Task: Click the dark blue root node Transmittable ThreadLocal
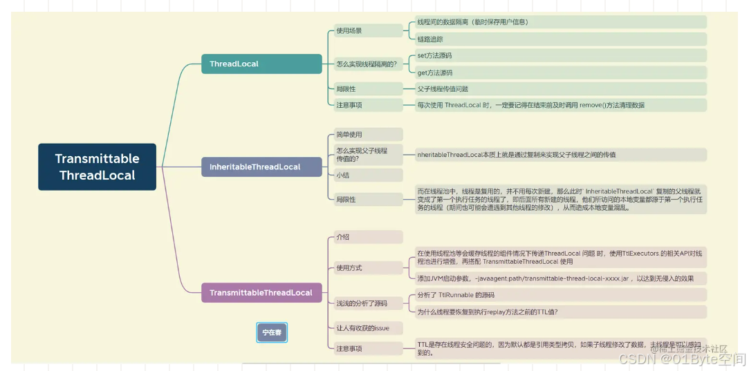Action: [x=97, y=167]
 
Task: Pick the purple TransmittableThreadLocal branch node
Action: [x=261, y=292]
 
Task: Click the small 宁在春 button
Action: [x=272, y=332]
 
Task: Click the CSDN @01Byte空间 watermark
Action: [x=682, y=359]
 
